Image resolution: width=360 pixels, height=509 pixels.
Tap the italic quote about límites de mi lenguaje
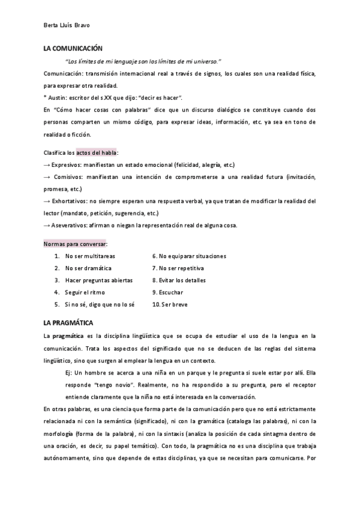point(143,61)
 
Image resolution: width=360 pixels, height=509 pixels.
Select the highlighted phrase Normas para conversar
point(75,244)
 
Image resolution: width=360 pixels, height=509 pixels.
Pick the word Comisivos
point(70,177)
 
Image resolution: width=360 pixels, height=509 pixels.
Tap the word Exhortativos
point(72,201)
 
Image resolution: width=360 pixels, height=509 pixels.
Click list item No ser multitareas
point(90,256)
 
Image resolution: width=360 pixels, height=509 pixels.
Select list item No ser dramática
point(88,268)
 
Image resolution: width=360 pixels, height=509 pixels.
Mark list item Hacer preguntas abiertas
point(98,280)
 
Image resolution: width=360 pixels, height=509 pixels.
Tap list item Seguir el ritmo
point(85,292)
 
